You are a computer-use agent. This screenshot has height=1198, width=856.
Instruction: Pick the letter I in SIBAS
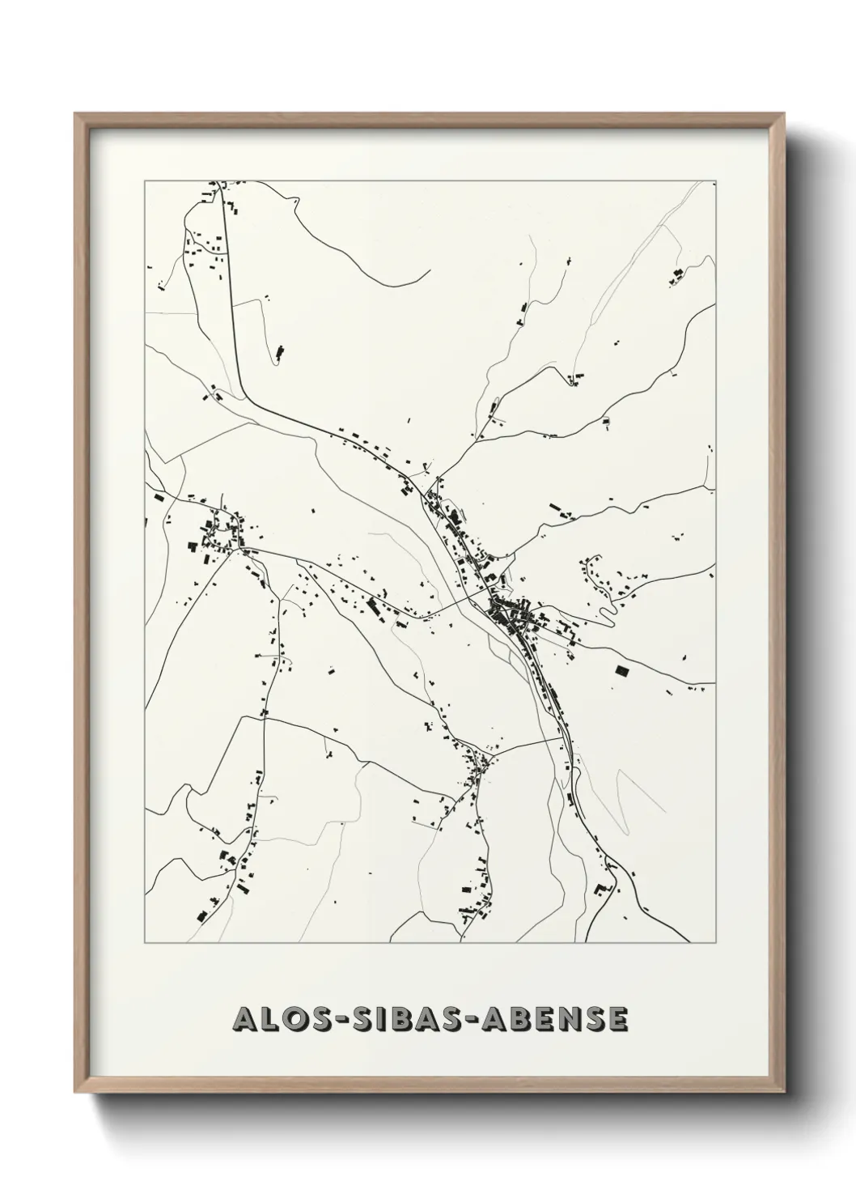coord(381,1020)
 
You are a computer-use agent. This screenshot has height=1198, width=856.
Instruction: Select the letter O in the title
coord(288,1020)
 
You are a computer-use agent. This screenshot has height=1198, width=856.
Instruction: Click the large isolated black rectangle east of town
coord(621,671)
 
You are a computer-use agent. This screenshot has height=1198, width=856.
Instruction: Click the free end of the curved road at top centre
coord(428,270)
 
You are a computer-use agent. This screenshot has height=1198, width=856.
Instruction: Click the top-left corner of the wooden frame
coord(75,114)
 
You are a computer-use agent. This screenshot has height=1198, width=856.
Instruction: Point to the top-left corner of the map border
coord(145,181)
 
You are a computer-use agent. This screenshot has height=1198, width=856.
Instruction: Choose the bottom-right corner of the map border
coord(717,943)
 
